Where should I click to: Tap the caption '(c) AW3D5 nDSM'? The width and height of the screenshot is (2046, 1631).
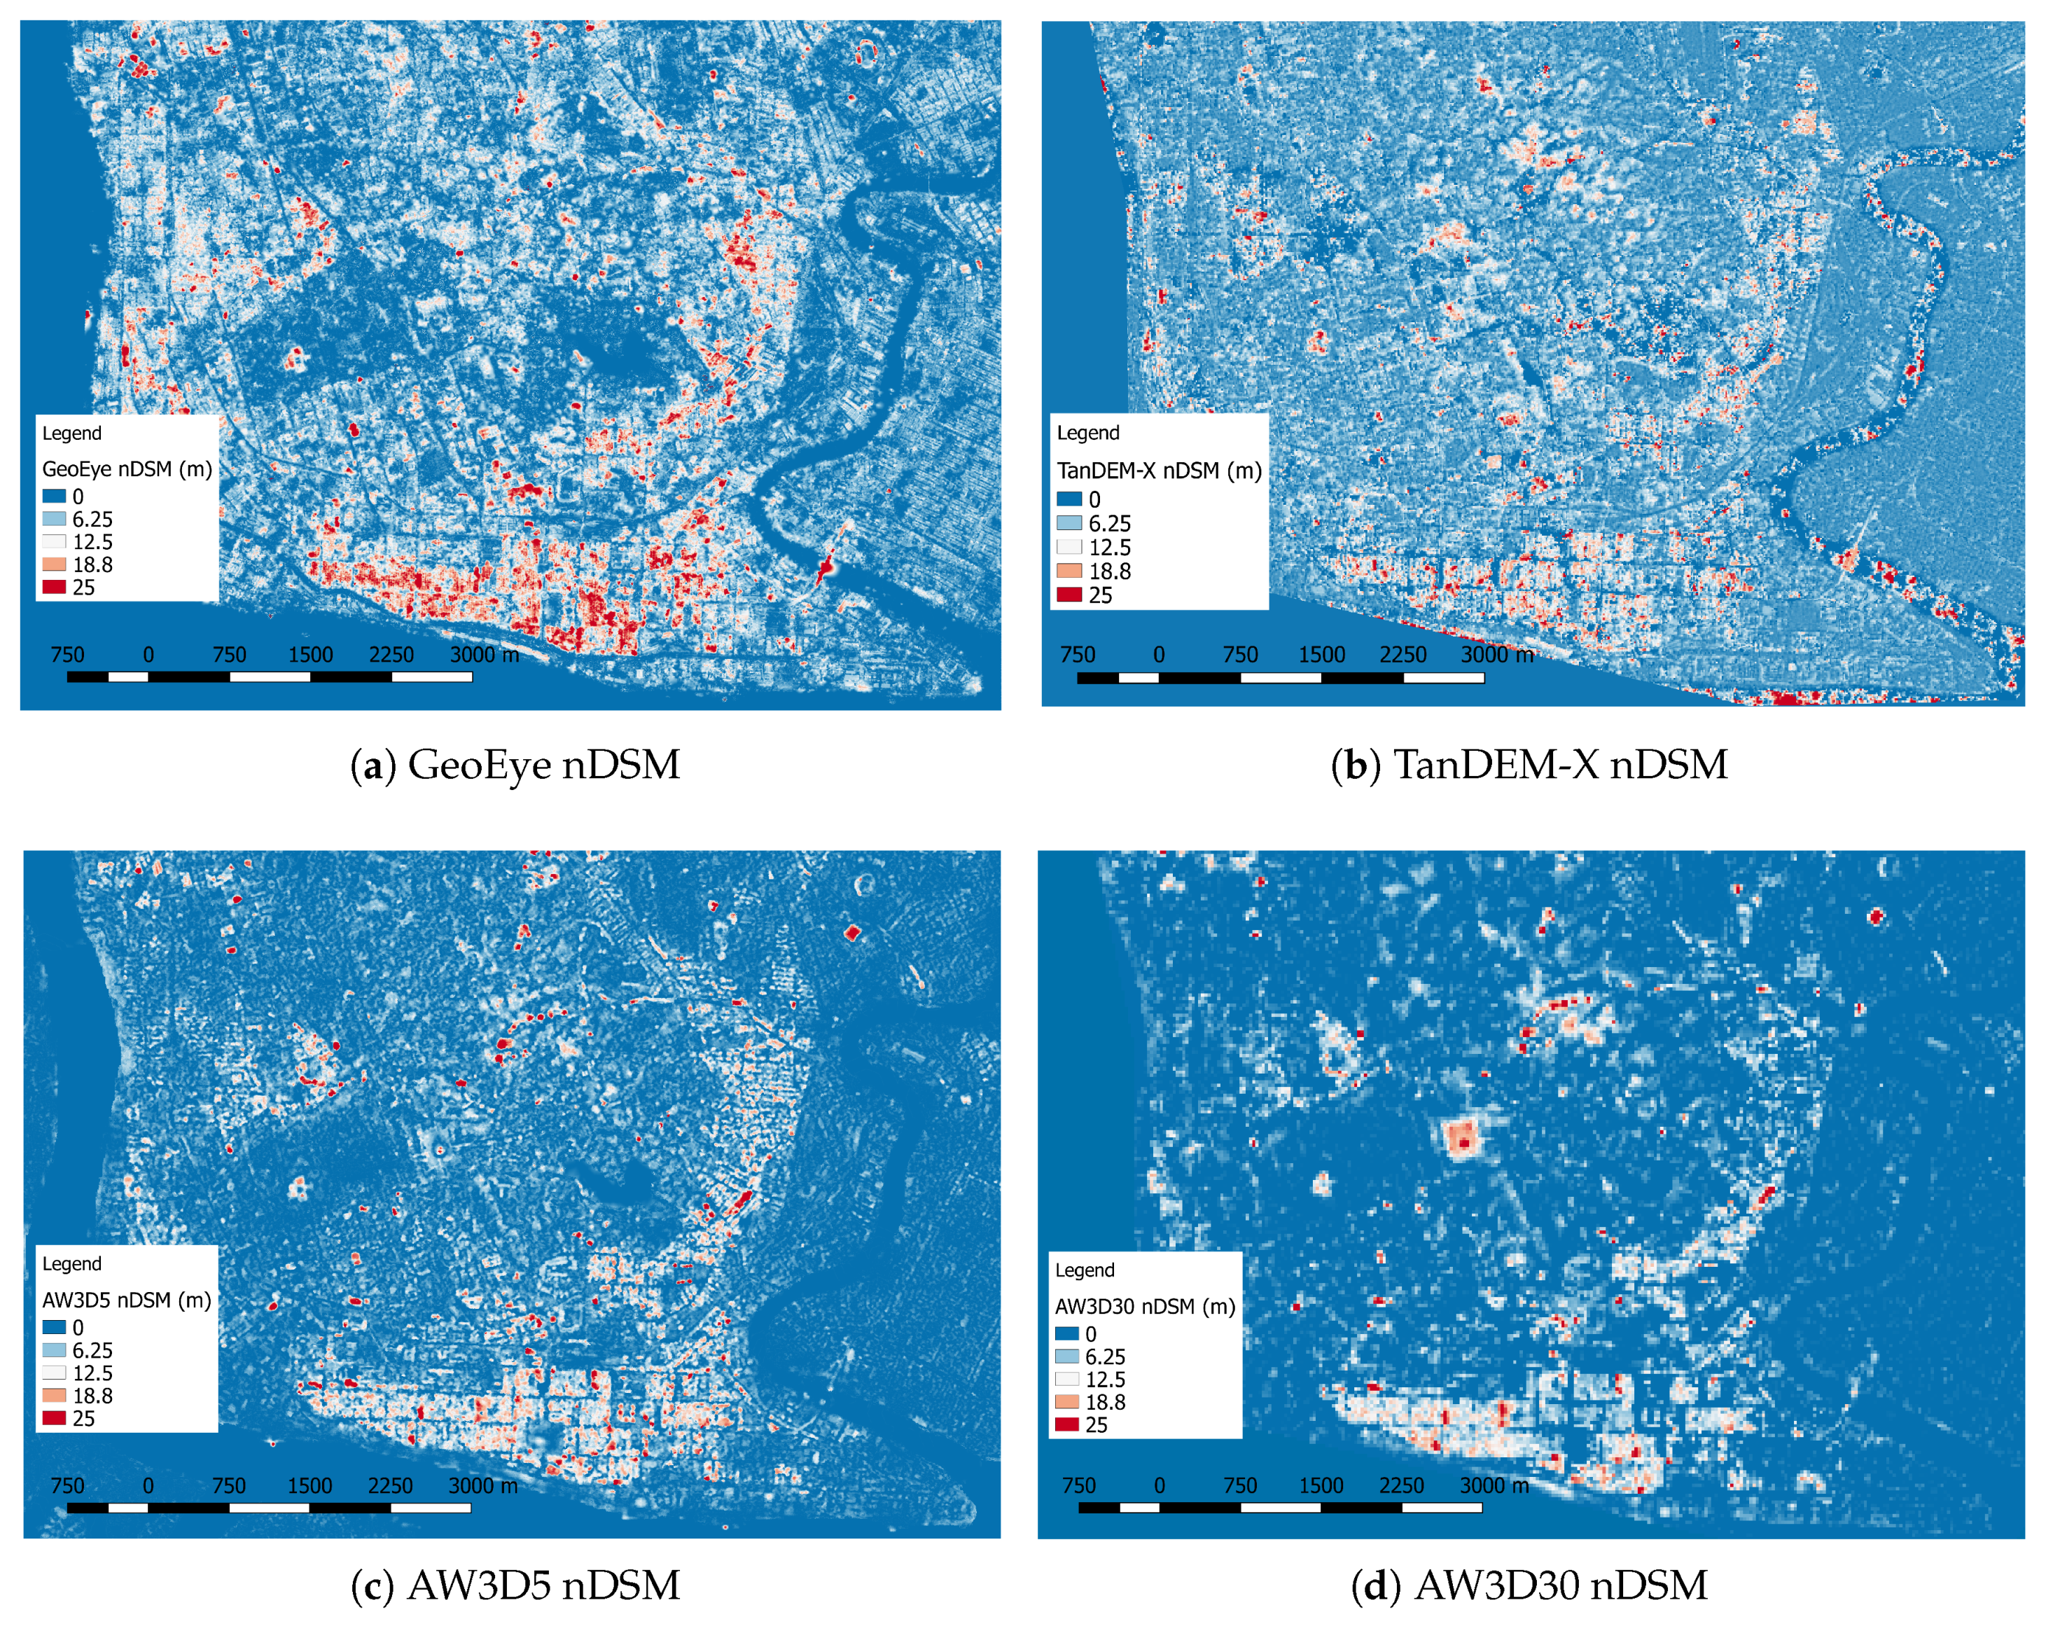click(515, 1585)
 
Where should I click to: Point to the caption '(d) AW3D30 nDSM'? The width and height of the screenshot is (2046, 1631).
click(1530, 1585)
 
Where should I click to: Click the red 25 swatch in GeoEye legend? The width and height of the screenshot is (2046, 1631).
click(54, 587)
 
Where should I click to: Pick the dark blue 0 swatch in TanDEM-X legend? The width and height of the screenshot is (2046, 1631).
click(1069, 499)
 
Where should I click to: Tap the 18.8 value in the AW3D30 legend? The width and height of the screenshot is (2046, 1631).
click(1106, 1402)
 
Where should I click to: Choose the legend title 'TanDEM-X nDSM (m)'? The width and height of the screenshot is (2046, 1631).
click(1159, 471)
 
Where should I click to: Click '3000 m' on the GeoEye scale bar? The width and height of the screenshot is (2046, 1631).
click(484, 655)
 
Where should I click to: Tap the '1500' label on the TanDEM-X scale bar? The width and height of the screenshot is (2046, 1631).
click(1321, 655)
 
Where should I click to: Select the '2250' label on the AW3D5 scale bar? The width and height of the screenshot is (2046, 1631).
click(390, 1486)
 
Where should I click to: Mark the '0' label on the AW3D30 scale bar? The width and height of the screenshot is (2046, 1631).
click(1159, 1486)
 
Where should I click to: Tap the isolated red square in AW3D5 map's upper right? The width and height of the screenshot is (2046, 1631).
click(851, 932)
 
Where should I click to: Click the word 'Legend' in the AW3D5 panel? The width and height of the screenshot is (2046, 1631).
click(71, 1263)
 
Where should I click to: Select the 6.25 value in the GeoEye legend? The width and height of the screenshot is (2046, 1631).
click(92, 520)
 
